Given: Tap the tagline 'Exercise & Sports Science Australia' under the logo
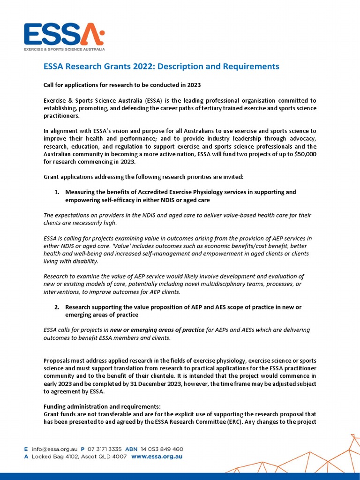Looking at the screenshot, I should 64,49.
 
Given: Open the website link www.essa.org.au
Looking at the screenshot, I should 157,456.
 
